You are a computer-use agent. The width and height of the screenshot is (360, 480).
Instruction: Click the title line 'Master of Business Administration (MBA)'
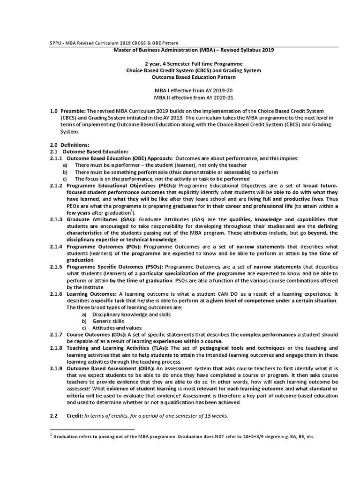(x=194, y=50)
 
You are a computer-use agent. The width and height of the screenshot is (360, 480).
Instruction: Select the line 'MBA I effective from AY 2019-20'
(x=194, y=90)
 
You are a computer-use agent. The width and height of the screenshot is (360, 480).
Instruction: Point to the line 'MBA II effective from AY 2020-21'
(x=194, y=97)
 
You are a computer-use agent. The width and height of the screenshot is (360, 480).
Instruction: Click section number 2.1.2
(x=56, y=186)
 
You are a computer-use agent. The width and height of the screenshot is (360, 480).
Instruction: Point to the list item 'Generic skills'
(x=108, y=321)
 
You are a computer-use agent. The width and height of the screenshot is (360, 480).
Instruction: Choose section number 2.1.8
(x=56, y=348)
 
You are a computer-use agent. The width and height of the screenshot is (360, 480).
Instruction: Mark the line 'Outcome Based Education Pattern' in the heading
(x=194, y=77)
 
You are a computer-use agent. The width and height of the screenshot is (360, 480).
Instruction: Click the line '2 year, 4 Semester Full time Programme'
(x=194, y=63)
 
